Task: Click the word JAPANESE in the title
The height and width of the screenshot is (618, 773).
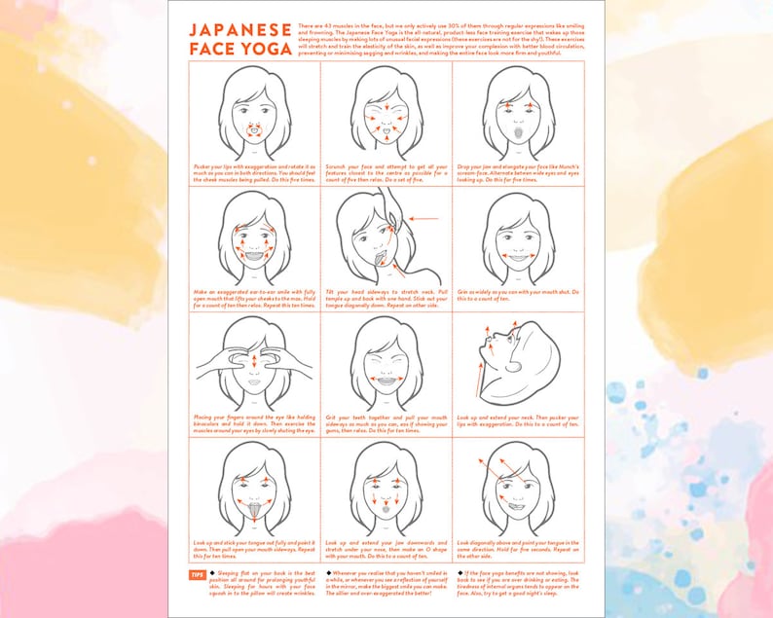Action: pyautogui.click(x=239, y=32)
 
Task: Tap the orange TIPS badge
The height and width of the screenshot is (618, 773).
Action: pyautogui.click(x=196, y=575)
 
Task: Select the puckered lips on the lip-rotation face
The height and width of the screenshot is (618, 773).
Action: pyautogui.click(x=254, y=130)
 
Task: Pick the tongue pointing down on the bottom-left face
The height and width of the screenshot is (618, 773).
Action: pyautogui.click(x=255, y=512)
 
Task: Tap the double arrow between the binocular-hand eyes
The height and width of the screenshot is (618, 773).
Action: pyautogui.click(x=254, y=360)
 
